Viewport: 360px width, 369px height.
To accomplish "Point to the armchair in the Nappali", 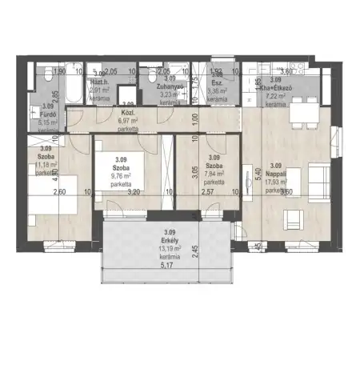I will point(294,218).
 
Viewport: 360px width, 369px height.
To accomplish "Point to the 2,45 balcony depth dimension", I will point(194,253).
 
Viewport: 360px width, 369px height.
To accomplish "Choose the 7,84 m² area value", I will point(212,171).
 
